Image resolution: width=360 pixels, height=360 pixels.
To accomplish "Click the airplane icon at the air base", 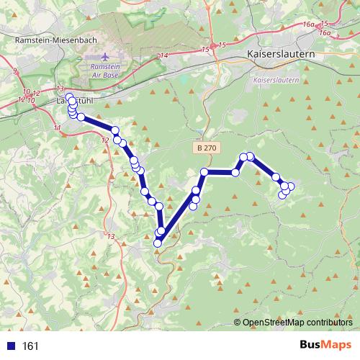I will click(107, 55).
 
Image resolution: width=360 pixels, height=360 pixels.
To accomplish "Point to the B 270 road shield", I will click(205, 148).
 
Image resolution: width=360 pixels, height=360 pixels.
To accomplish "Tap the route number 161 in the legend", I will click(30, 346).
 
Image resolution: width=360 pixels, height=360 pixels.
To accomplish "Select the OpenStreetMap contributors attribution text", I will click(297, 323).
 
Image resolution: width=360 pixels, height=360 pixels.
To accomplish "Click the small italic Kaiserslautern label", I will click(276, 80).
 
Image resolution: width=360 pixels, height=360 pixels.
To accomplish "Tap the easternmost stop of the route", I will click(291, 187).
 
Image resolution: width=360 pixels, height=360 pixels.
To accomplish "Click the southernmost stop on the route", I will click(158, 243).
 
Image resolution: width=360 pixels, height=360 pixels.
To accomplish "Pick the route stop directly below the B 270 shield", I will click(204, 172).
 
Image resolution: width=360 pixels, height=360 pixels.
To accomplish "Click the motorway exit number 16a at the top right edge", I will click(310, 24).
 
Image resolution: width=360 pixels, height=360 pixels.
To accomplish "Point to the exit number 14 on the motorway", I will click(164, 55).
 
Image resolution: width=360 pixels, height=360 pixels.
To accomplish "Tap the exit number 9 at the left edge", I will click(14, 71).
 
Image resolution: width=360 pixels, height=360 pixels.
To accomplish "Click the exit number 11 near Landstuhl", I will click(57, 127).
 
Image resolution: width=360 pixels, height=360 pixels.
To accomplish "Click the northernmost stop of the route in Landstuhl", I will click(69, 97).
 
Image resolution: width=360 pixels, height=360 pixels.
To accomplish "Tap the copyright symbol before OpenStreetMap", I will click(237, 323).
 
